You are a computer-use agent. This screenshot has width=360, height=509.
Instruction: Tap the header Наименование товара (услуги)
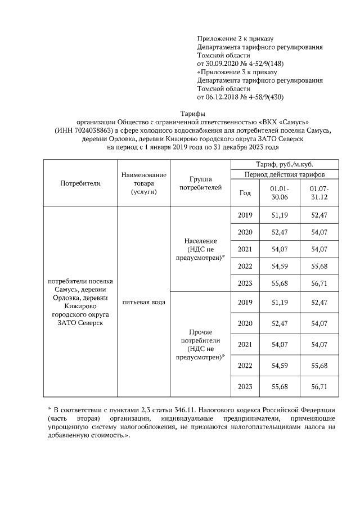[143, 183]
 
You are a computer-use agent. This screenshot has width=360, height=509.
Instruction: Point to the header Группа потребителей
[200, 183]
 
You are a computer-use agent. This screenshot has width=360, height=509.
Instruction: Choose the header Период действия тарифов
[285, 174]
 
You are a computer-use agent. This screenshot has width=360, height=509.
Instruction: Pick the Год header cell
[245, 193]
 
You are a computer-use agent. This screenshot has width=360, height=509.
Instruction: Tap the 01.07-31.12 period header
[319, 193]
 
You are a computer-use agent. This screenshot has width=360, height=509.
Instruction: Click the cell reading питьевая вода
[143, 302]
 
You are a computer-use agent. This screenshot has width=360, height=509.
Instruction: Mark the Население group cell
[200, 249]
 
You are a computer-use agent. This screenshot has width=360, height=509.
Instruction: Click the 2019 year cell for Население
[245, 215]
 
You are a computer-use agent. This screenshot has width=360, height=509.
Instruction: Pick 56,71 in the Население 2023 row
[319, 283]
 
